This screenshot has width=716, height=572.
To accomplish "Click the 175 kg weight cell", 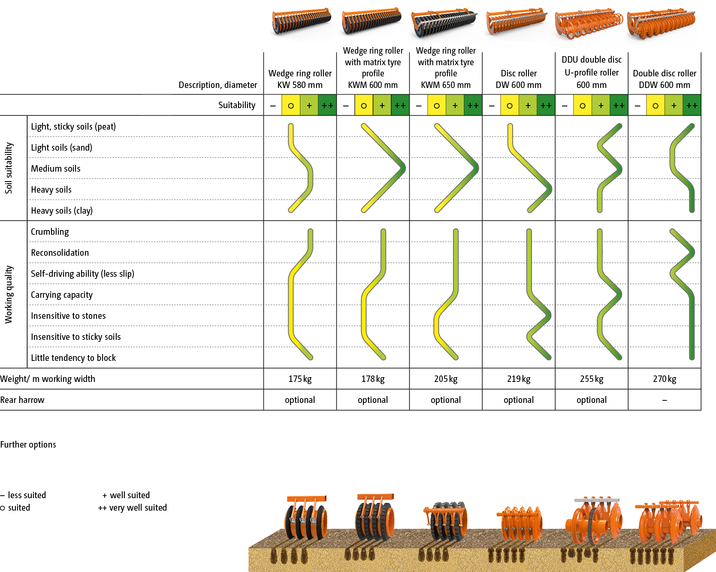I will [300, 379].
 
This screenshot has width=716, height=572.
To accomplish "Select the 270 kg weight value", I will [665, 379].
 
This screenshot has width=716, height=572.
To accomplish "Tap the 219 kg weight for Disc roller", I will [519, 379].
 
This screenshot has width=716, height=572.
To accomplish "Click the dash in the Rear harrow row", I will [665, 400].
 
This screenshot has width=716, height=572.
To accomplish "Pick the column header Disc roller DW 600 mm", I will [519, 79].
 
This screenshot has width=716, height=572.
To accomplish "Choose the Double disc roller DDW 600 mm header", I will [665, 79].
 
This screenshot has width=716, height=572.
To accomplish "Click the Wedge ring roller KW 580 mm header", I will [300, 79].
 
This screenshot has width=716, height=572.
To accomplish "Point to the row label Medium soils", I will [56, 169].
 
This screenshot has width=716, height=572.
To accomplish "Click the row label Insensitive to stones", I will [68, 316].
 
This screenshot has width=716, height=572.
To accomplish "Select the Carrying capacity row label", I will [62, 295].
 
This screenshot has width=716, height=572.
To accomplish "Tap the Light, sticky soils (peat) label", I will [73, 127].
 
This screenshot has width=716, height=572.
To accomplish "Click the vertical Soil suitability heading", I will [9, 168].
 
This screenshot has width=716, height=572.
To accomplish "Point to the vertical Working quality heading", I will [9, 294].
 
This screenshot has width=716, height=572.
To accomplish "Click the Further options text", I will [28, 445].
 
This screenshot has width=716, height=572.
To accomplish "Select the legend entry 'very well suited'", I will [133, 508].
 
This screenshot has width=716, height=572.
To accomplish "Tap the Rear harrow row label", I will [22, 400].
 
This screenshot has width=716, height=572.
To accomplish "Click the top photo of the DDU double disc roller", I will [589, 26].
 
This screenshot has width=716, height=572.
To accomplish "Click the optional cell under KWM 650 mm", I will [446, 400].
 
